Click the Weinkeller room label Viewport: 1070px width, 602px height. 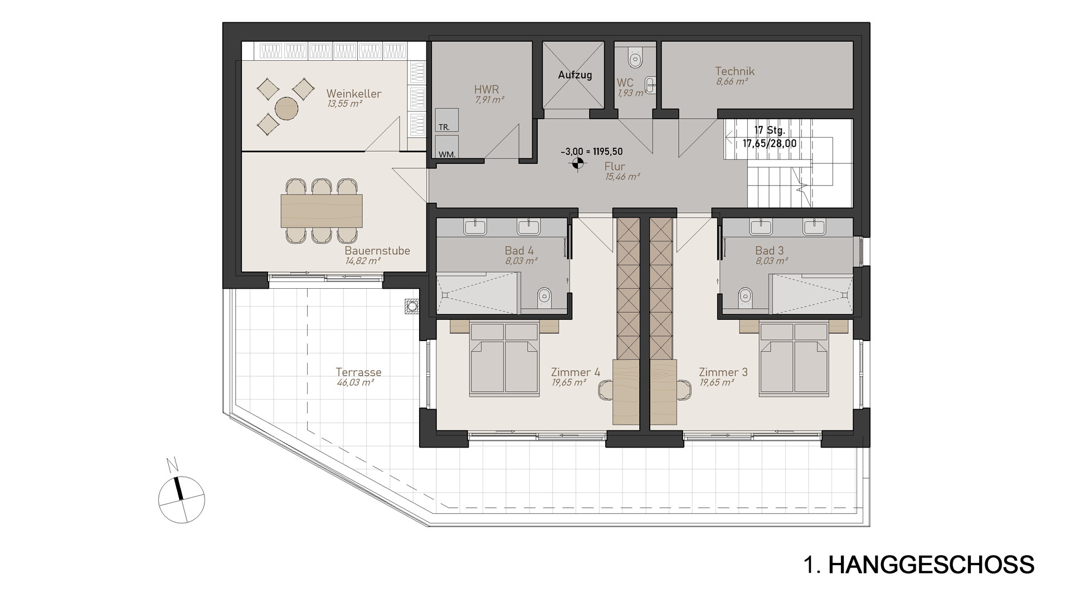coord(354,94)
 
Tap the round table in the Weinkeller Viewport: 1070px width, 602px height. coord(286,108)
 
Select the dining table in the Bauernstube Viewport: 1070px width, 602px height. coord(322,210)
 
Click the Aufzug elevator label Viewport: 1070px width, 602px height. coord(575,75)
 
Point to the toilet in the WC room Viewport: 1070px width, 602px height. coord(635,56)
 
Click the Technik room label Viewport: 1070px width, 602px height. coord(735,71)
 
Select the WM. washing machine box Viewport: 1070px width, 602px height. coord(446,147)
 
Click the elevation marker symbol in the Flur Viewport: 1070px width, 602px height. coord(577,164)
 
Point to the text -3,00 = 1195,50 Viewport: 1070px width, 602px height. coord(591,152)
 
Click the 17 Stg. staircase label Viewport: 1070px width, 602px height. coord(769,131)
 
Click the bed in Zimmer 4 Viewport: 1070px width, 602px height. coord(505,360)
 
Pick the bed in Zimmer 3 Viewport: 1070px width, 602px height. coord(794,360)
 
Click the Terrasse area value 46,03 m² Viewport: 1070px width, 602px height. coord(355,383)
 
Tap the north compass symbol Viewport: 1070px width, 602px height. coord(181,499)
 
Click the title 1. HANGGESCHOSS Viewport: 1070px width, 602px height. coord(920,565)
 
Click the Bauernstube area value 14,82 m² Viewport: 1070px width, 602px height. coord(362,261)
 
